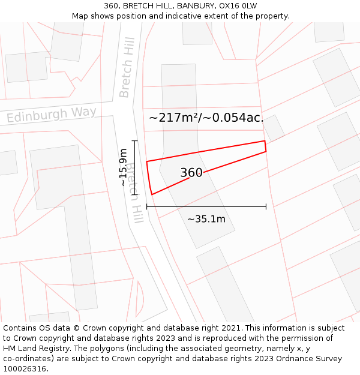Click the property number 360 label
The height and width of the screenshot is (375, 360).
191,173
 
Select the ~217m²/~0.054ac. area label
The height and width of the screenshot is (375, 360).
206,118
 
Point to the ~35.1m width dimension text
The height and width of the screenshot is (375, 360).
206,219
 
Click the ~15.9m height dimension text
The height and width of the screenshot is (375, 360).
123,167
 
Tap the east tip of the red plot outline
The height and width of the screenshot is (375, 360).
265,146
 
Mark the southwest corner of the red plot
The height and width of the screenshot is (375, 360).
152,194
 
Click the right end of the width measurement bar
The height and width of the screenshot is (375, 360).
266,207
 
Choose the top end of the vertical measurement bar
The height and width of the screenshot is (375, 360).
134,141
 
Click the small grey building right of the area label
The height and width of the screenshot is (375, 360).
274,127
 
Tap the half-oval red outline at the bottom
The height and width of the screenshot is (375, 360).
140,299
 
